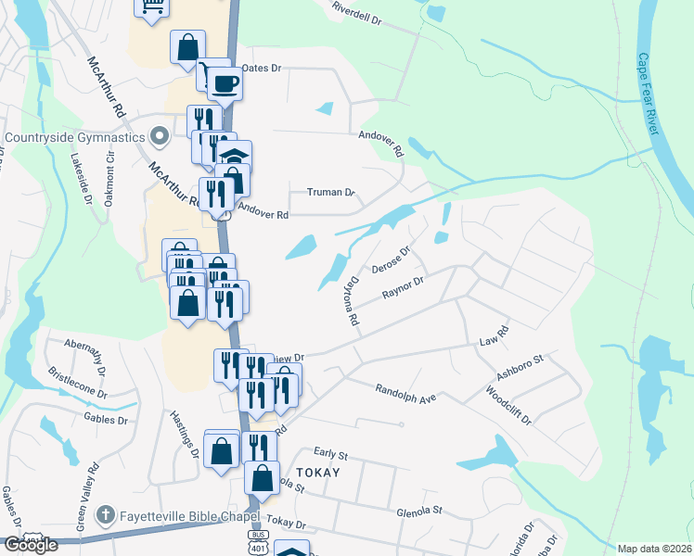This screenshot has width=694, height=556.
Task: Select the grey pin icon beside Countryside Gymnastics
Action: coord(160,138)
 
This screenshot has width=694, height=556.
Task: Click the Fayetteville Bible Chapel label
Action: coord(180,514)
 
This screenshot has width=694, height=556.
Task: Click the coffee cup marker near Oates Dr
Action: coord(223,85)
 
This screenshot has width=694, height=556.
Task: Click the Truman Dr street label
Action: coord(331,193)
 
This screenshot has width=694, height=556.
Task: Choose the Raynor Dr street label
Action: coord(403,288)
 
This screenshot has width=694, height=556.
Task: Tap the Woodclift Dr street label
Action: coord(508,405)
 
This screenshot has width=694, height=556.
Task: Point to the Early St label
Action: coord(330,455)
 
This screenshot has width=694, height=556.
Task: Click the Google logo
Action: coord(31,545)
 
